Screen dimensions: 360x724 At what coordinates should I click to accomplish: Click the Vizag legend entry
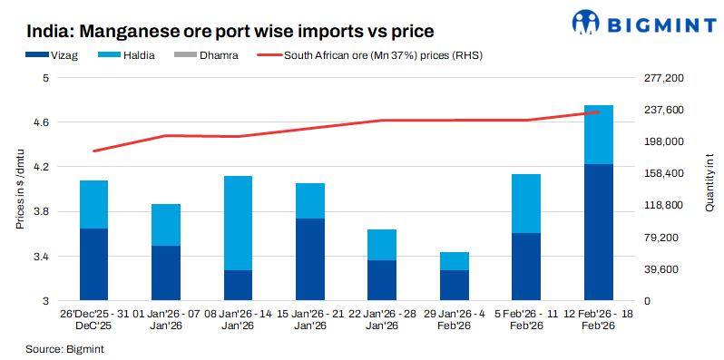79,56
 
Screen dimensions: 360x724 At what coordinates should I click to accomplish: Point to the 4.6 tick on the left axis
43,122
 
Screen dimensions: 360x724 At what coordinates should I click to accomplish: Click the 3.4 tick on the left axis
43,257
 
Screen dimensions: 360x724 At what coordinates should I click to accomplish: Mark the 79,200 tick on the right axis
663,238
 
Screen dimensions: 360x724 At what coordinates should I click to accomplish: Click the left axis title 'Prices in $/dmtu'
19,190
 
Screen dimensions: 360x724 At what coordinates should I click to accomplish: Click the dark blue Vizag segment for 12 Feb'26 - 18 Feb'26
598,232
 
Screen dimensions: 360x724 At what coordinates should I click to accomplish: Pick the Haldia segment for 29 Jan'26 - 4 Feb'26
454,261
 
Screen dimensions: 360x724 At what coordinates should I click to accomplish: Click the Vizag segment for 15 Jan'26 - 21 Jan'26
310,259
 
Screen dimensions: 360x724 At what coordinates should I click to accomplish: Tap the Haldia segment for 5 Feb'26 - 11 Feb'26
526,203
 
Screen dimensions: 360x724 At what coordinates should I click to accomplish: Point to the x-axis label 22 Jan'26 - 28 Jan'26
382,319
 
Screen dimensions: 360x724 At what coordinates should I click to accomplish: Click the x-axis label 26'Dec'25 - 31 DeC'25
93,319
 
